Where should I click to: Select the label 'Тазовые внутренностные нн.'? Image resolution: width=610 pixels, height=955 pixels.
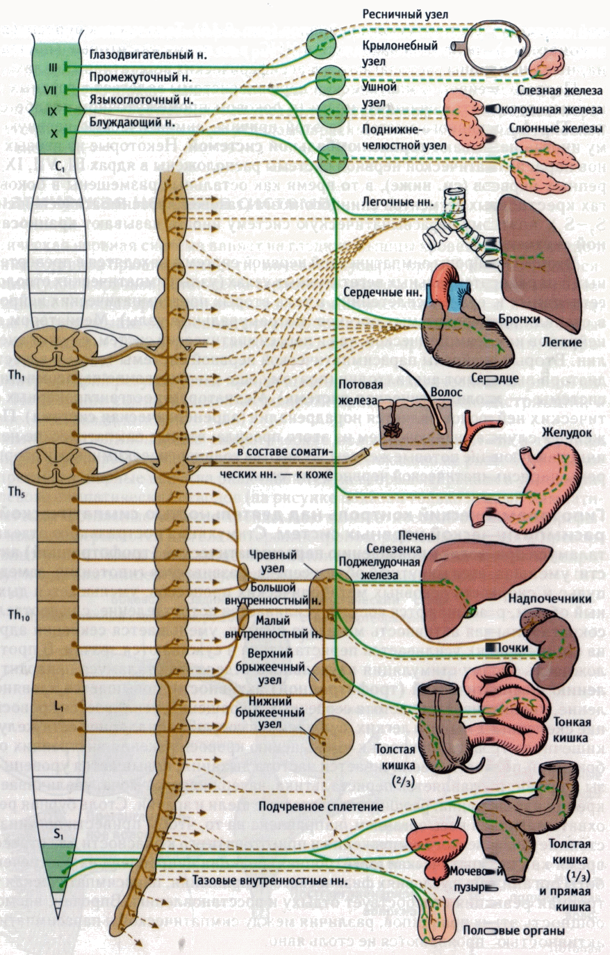pyautogui.click(x=269, y=880)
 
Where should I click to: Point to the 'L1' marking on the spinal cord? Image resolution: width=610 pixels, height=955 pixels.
pyautogui.click(x=59, y=706)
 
